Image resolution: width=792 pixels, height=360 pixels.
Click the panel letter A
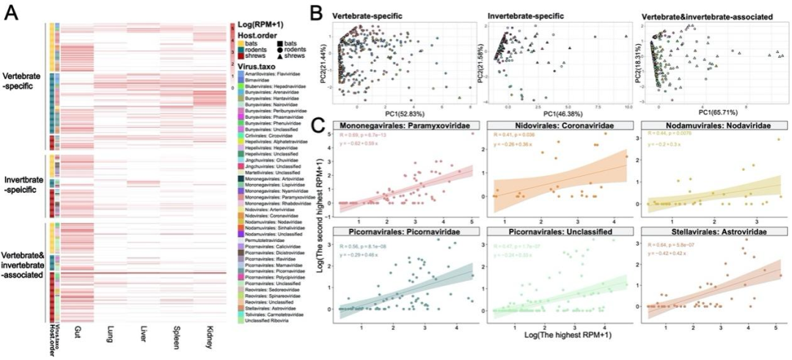[12, 15]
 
